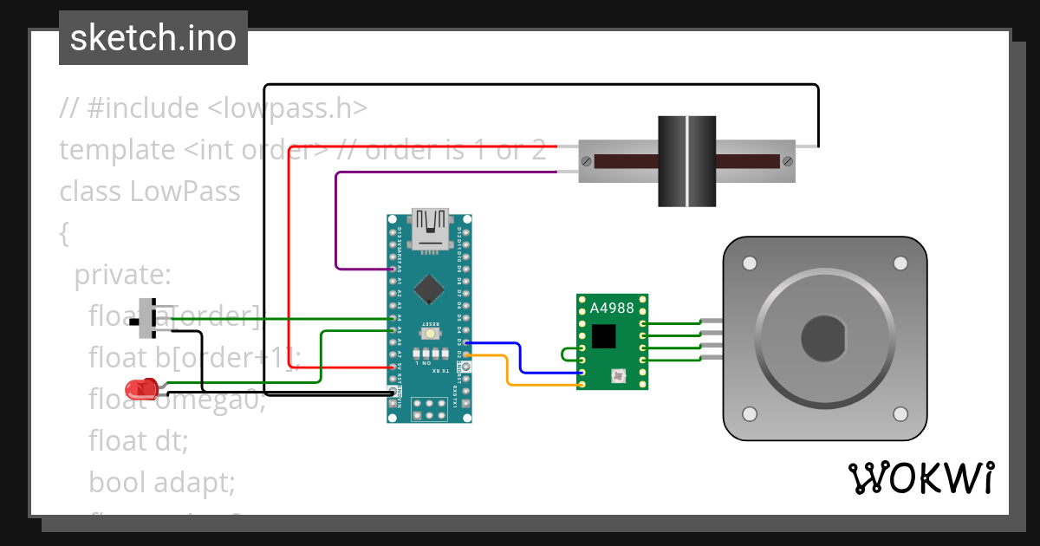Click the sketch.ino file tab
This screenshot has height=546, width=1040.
click(153, 38)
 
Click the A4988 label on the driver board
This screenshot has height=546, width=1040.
click(612, 308)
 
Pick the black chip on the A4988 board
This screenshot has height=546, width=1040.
click(603, 335)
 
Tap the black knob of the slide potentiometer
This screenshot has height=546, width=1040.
click(687, 161)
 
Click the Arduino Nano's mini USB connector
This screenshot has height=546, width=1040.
click(430, 230)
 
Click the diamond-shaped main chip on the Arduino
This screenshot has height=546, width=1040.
click(430, 289)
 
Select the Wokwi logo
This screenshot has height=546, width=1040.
click(921, 478)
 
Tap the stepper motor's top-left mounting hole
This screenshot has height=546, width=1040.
click(749, 263)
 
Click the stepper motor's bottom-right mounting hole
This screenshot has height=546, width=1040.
click(900, 413)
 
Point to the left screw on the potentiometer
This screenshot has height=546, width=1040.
click(588, 161)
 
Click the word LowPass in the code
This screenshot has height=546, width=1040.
click(185, 191)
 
